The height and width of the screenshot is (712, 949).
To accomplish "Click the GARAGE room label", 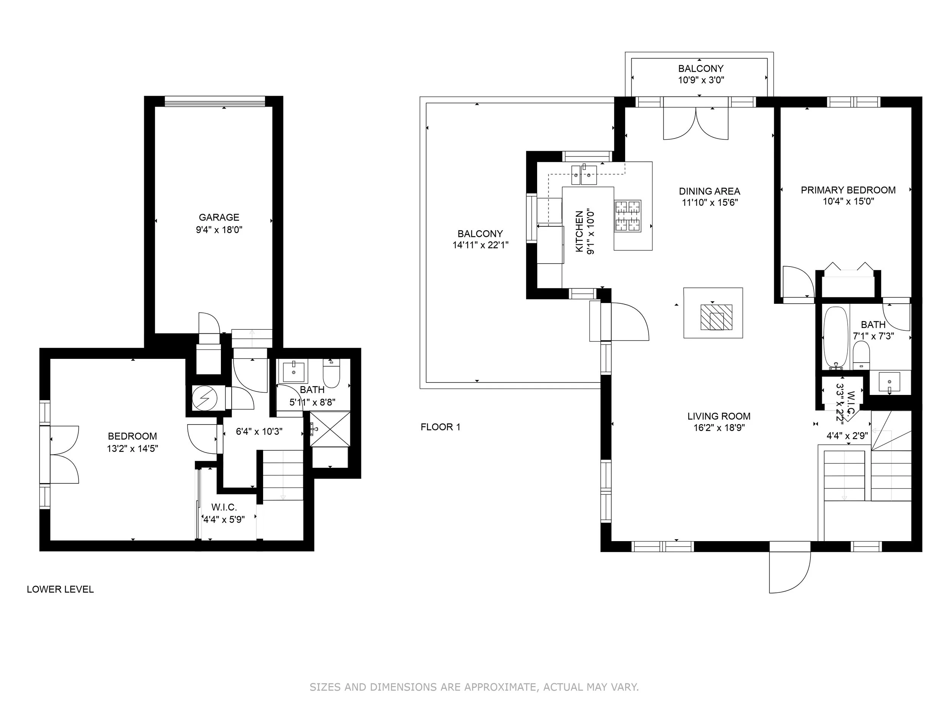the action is click(219, 218).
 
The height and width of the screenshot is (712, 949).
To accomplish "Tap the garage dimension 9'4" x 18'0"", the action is click(219, 230).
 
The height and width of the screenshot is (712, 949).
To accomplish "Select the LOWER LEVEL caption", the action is click(60, 589).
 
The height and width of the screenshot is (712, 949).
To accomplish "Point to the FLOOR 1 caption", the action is click(440, 427).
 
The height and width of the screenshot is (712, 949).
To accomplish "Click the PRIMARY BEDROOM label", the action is click(848, 190).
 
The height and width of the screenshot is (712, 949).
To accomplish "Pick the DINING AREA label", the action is click(709, 191).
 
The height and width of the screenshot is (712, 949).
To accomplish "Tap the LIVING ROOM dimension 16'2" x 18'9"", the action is click(719, 428).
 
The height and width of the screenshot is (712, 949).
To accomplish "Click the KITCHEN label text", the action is click(580, 231).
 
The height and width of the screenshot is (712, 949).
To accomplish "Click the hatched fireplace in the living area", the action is click(716, 317).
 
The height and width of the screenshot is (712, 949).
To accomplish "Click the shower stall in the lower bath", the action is click(330, 429).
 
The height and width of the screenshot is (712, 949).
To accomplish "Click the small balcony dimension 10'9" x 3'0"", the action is click(701, 80).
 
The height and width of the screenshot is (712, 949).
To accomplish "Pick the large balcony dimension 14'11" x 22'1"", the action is click(480, 245).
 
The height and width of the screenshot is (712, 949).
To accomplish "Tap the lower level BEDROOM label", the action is click(132, 436).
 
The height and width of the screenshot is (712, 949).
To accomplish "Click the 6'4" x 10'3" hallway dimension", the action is click(259, 432).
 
